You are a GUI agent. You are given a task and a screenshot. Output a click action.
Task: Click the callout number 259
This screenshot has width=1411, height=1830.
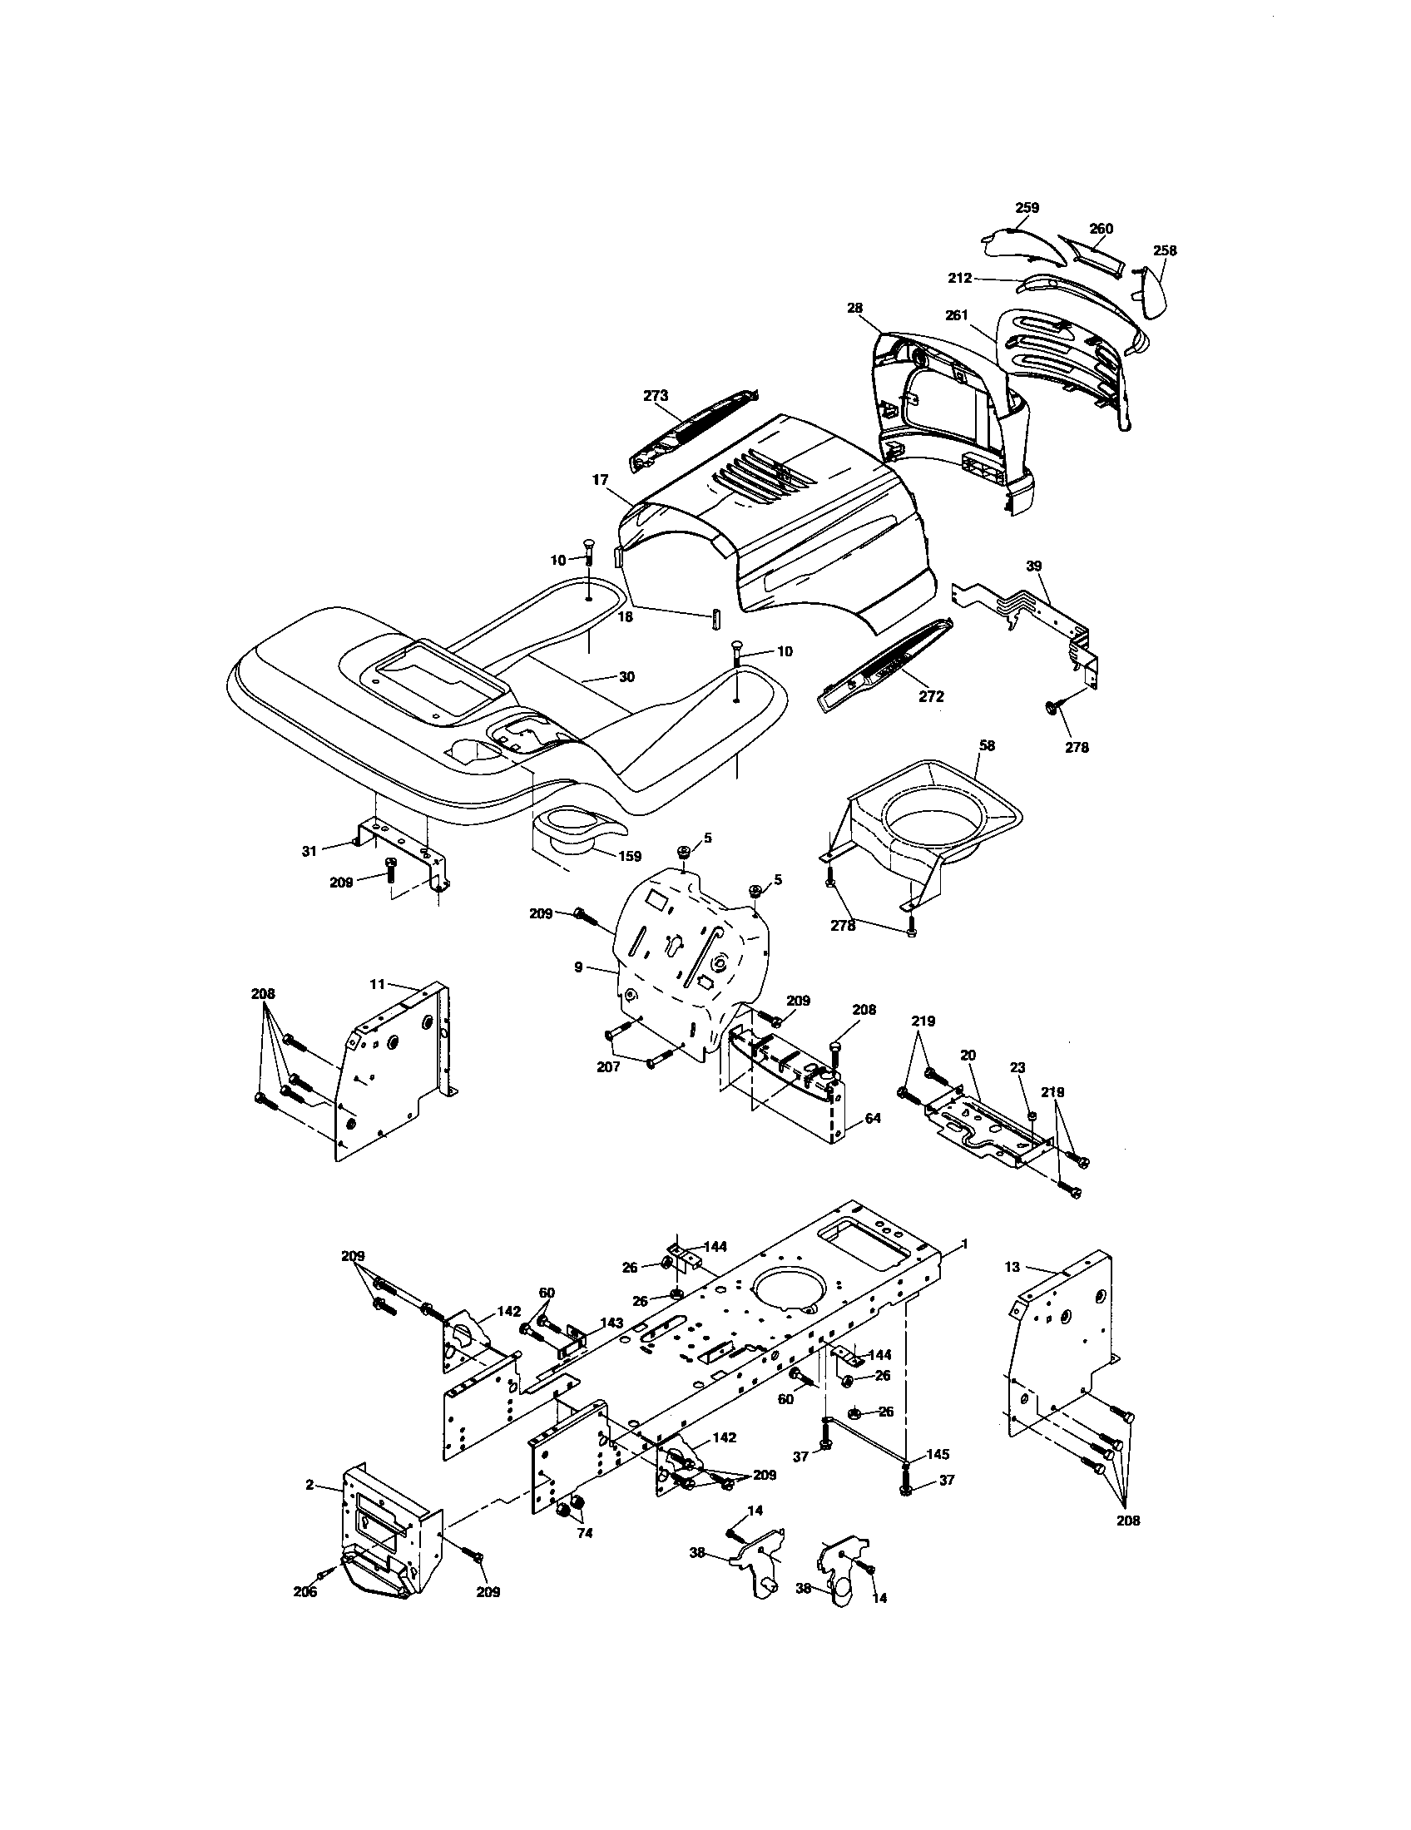tap(1027, 208)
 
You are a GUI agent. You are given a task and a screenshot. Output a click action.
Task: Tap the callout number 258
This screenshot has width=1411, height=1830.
tap(1165, 250)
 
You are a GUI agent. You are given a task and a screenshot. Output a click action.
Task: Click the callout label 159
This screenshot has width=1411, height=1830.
tap(629, 855)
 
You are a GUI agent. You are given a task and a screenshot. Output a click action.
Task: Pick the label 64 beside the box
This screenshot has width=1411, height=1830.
tap(872, 1118)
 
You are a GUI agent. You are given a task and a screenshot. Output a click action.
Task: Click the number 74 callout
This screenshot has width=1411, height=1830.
tap(585, 1532)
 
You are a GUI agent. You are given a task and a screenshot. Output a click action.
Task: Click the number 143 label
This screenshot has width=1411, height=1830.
tap(611, 1323)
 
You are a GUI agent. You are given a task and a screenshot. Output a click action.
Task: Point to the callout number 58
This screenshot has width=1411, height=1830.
tap(987, 745)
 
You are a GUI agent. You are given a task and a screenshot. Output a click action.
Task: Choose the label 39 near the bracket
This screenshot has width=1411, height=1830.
tap(1034, 566)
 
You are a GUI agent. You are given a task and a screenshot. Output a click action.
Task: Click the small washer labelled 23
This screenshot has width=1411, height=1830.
tap(1032, 1115)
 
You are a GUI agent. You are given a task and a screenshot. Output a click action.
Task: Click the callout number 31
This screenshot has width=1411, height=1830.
tap(309, 850)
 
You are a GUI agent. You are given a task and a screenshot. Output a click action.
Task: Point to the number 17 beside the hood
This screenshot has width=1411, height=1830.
tap(600, 480)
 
